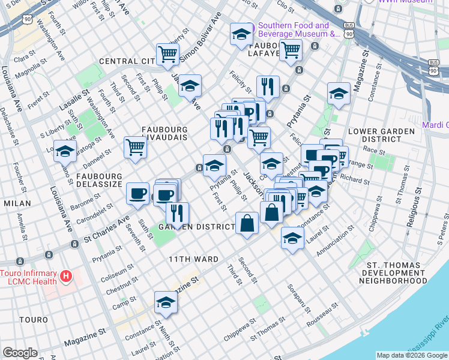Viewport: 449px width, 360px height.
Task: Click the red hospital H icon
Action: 66,277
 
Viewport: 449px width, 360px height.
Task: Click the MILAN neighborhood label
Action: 17,203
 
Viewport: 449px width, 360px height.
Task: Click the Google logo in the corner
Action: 20,353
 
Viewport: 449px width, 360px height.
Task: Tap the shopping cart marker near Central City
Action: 168,55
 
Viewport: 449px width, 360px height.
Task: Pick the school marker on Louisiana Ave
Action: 65,151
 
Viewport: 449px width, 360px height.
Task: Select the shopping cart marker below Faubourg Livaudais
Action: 136,147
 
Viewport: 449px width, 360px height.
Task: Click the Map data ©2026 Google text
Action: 412,355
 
